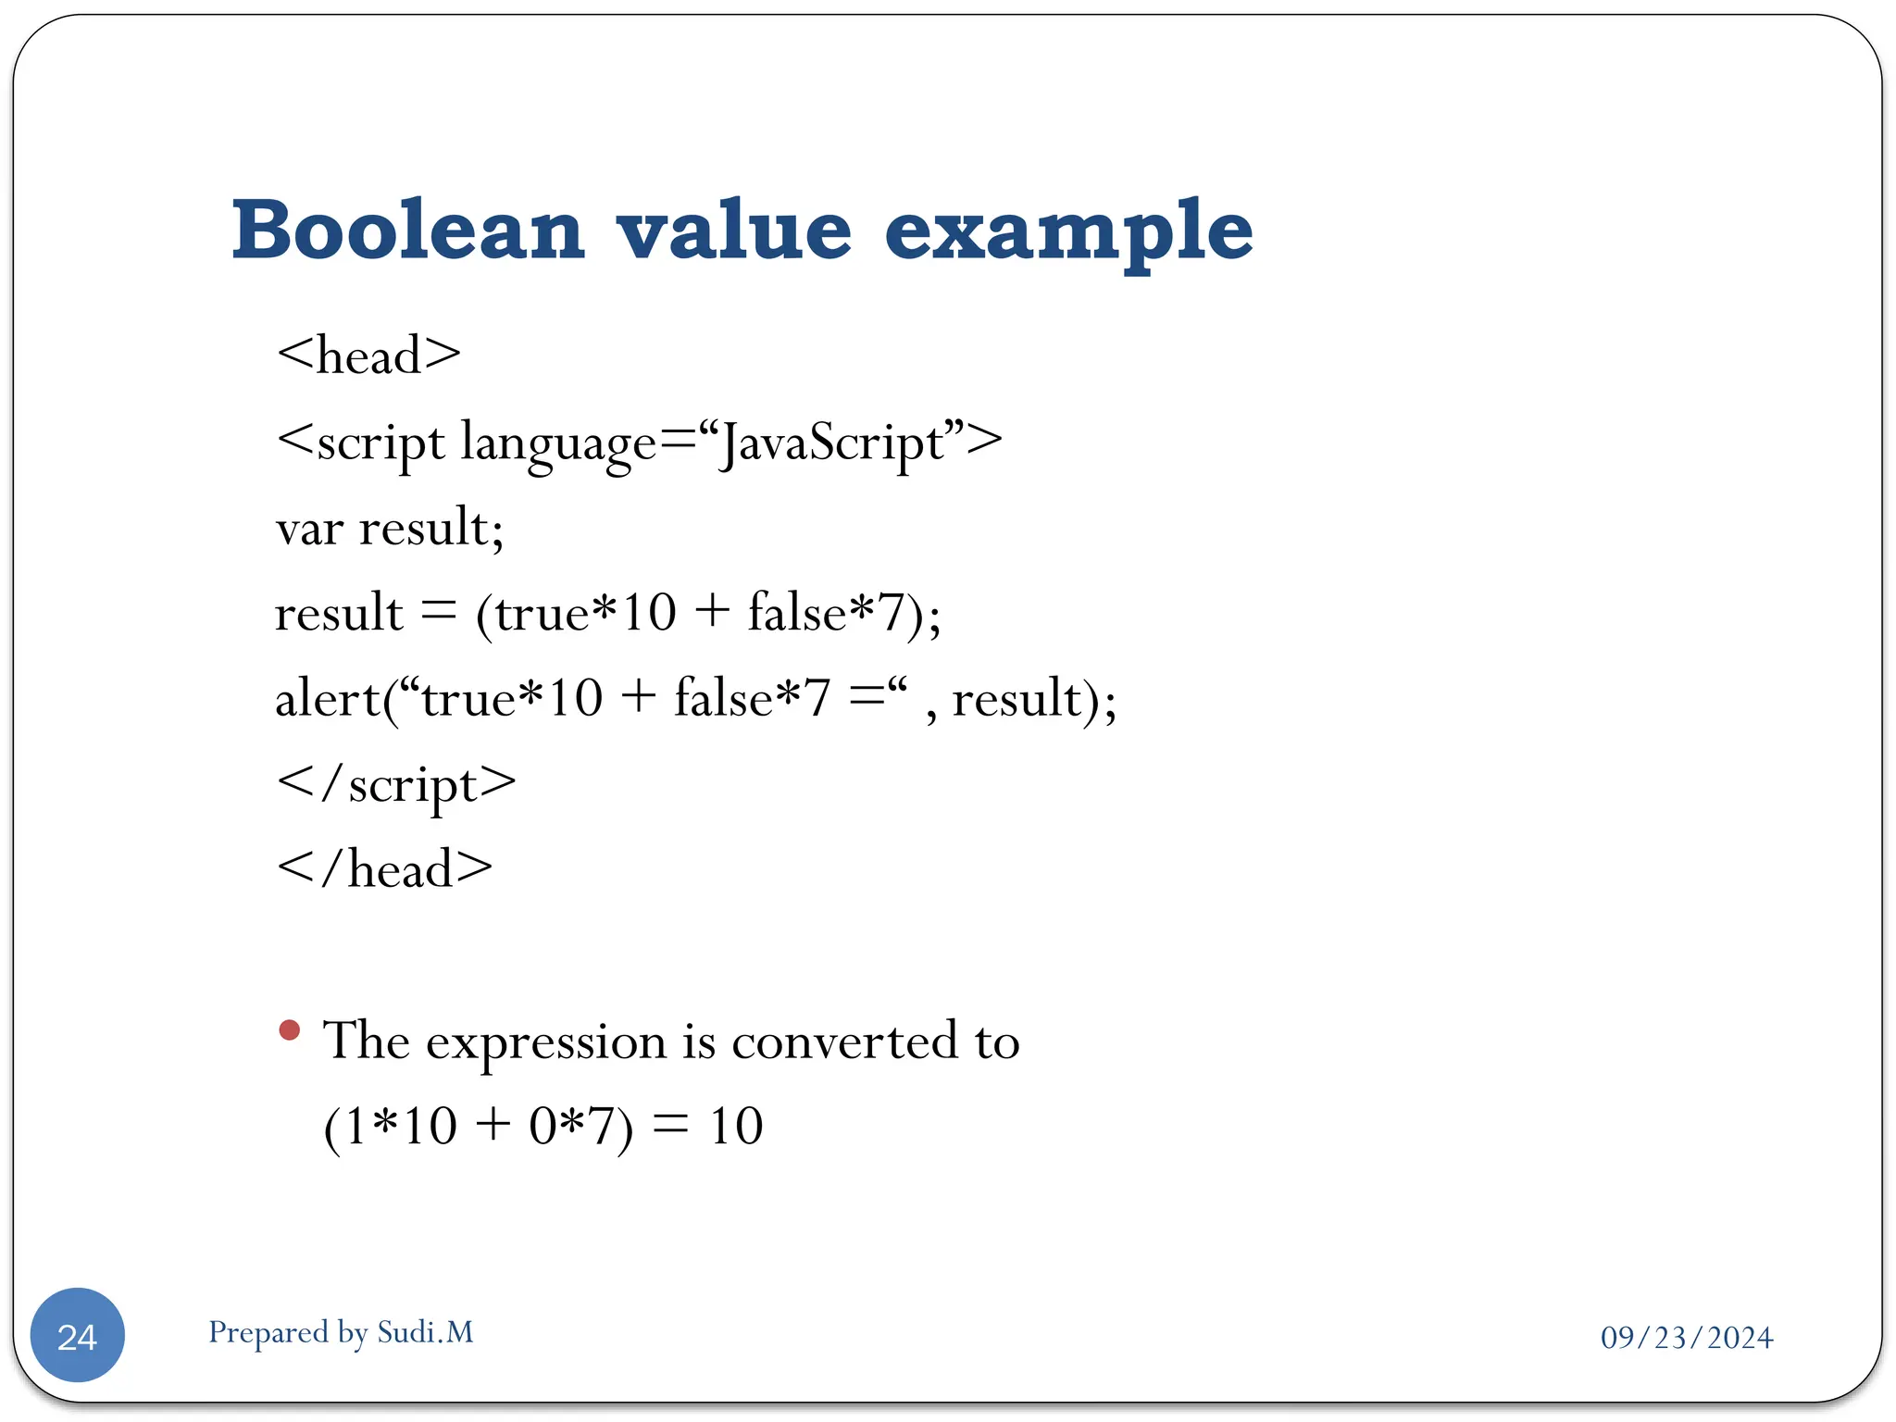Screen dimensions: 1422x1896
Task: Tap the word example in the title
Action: tap(1068, 231)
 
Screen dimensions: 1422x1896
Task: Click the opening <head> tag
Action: tap(368, 355)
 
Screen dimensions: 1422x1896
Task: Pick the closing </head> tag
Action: tap(384, 869)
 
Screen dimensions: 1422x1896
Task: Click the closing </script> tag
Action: tap(396, 784)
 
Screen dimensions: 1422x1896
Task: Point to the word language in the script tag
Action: tap(558, 443)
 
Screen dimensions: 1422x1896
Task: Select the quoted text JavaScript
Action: tap(833, 443)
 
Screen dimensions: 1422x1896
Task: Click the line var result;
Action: tap(390, 528)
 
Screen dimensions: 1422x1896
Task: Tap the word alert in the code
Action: tap(328, 699)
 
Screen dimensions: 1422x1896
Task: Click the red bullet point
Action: tap(290, 1029)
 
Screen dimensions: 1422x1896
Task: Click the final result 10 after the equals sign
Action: tap(736, 1127)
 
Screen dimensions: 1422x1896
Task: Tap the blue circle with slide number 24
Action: tap(78, 1335)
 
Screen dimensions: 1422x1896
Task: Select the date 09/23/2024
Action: tap(1686, 1338)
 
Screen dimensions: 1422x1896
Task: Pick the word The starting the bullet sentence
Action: tap(366, 1041)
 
